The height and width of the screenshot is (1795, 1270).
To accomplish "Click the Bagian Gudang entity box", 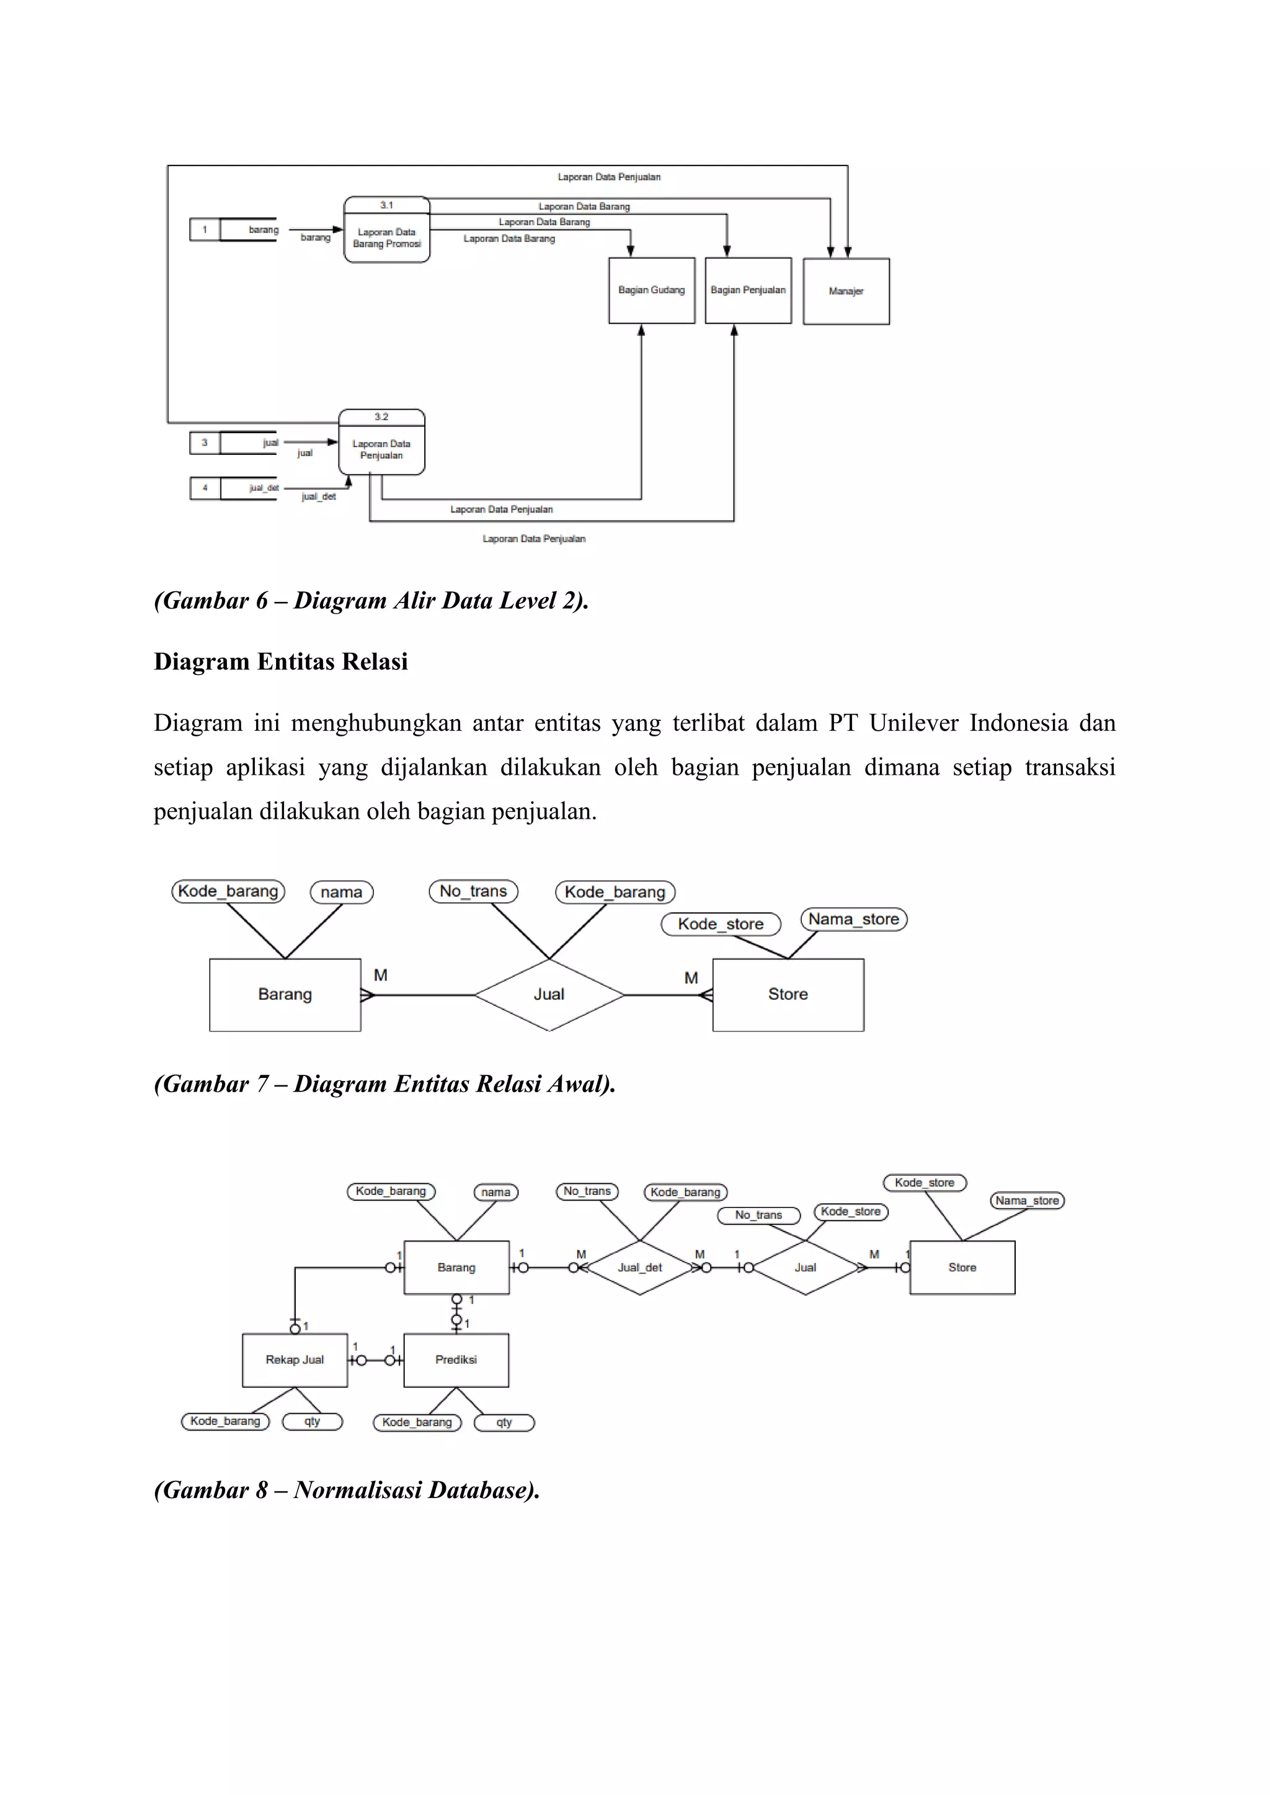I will point(651,290).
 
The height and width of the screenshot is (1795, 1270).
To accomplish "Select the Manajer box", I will point(845,291).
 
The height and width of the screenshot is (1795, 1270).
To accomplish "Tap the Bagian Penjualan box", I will point(748,290).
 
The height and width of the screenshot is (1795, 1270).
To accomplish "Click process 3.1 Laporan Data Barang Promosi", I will point(386,231).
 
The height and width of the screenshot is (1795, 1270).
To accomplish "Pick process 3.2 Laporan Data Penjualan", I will point(381,443).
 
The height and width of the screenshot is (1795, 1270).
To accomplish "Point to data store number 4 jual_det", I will point(234,488).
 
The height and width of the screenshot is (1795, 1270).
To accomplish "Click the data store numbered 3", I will point(234,443).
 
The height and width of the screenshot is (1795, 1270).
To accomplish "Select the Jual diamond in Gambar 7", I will point(549,994).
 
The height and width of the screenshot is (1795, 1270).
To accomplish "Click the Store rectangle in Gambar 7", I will point(788,994).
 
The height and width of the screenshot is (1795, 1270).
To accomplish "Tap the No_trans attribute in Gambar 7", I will point(473,891).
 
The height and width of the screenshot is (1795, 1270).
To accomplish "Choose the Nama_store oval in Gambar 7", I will point(853,919).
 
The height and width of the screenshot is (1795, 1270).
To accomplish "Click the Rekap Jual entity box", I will point(295,1359).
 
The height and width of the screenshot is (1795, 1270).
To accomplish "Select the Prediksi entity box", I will point(456,1359).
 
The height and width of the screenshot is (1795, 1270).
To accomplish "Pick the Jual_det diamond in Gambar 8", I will point(640,1268).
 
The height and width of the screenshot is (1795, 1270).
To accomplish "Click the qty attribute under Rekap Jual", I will point(312,1421).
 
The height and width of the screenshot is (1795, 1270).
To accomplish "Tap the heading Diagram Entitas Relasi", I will point(281,661).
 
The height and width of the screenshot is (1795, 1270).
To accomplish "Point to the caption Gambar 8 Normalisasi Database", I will point(347,1490).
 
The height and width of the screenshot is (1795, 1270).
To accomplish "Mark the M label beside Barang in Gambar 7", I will point(381,976).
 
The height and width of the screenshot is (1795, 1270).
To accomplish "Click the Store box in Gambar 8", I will point(962,1268).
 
